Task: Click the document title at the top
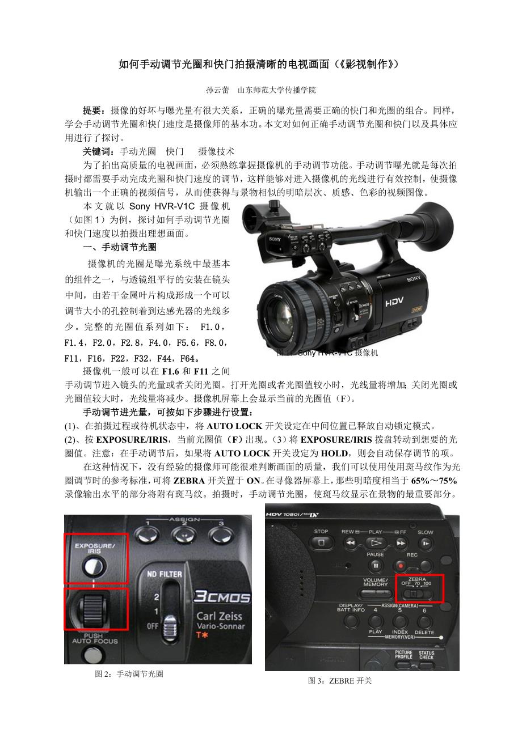259,63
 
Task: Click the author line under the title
261,90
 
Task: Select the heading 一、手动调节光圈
119,247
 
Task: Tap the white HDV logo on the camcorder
394,302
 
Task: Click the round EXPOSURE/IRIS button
94,566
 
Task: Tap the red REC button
401,566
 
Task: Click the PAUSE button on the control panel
375,566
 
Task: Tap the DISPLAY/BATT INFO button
351,621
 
